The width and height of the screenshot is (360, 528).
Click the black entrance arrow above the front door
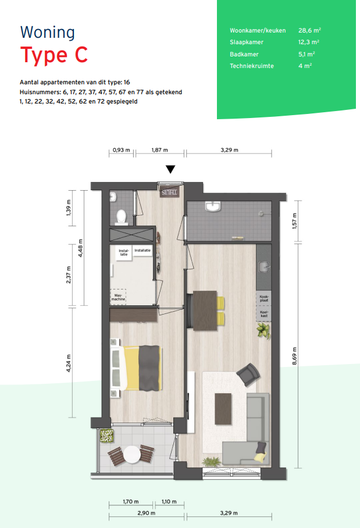coord(171,169)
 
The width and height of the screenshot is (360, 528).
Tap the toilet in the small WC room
coord(120,217)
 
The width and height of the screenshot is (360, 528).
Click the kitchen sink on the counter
coord(265,267)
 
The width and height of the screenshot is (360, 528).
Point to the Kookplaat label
coord(264,298)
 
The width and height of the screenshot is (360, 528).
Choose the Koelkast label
coord(264,314)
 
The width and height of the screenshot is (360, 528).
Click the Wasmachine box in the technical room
coord(118,297)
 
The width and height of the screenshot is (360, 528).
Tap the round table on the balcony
coord(132,454)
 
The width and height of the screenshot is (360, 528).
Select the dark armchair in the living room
coord(248,374)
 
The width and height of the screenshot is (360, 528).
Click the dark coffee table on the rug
coord(223,409)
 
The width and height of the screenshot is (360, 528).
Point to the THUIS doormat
coord(169,192)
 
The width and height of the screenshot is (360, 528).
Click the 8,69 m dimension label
coord(295,356)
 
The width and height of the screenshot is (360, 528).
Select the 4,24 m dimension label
coord(69,363)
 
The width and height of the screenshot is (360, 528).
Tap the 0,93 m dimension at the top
coord(121,150)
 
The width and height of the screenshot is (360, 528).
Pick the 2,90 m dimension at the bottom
coord(147,513)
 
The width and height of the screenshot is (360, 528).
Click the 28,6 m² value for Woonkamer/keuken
coord(309,30)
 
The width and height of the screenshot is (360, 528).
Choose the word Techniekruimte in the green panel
coord(252,66)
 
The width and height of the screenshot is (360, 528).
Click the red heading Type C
coord(54,55)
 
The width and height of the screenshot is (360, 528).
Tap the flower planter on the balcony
coord(106,436)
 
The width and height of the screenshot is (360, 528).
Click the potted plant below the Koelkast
coord(263,330)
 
